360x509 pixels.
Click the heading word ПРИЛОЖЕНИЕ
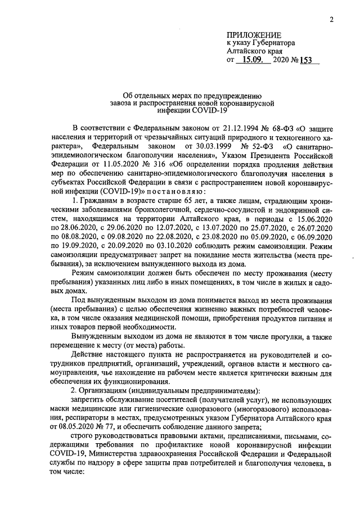click(252, 35)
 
